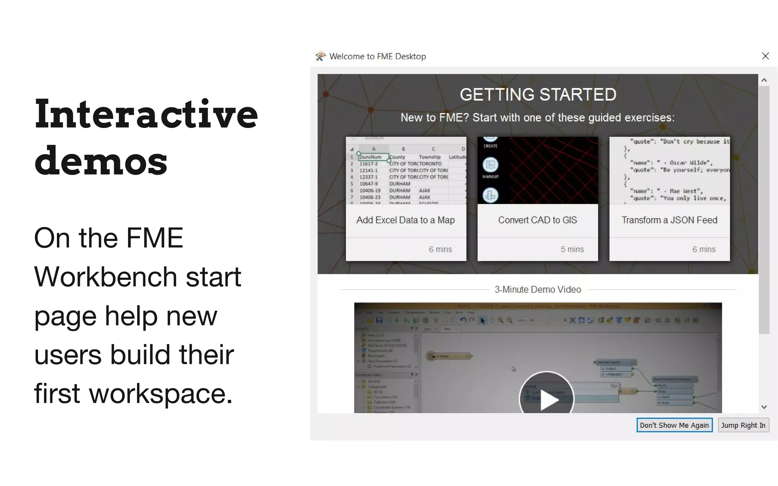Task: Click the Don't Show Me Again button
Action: pos(674,425)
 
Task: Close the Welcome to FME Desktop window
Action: pos(765,56)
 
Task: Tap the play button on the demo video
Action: pos(546,399)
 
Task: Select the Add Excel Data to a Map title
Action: pos(405,220)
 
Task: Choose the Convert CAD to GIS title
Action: pos(537,220)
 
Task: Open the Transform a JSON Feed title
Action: pos(669,220)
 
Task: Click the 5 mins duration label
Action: pos(572,249)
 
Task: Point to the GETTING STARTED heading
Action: pos(538,95)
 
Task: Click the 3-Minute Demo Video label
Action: pos(538,290)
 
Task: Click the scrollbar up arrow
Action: pos(764,80)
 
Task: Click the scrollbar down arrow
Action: pos(764,407)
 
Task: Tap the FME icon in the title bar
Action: pos(321,56)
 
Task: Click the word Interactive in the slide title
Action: pos(146,114)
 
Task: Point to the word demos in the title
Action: pos(101,161)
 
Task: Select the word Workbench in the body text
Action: pos(106,277)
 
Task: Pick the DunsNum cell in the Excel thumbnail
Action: pos(371,157)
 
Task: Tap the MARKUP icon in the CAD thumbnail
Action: pos(490,166)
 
